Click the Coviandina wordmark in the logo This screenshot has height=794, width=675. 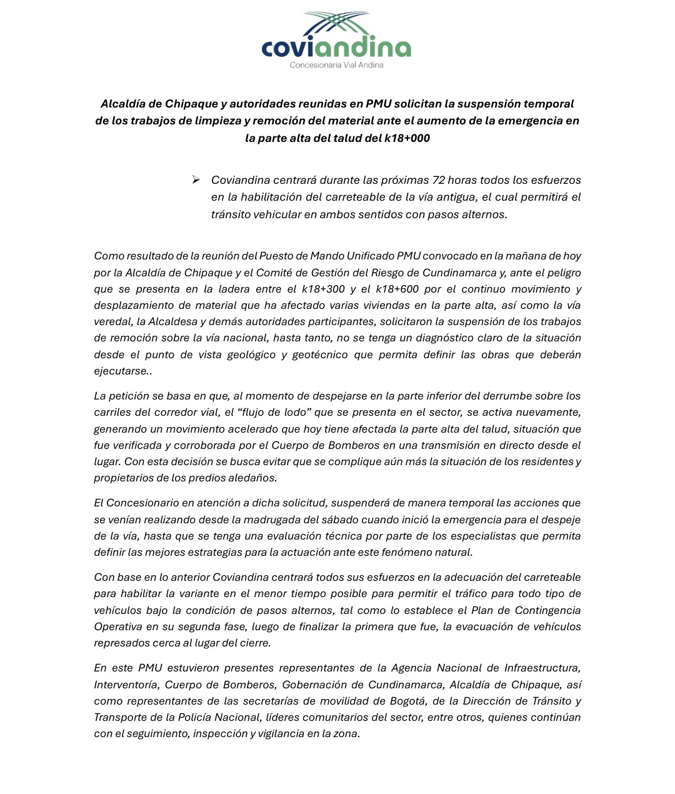pos(336,48)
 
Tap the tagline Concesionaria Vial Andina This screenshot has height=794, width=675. pos(336,65)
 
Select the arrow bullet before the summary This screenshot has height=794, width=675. pos(196,180)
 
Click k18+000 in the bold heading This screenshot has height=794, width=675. pos(407,138)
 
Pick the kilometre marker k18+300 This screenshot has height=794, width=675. pos(323,289)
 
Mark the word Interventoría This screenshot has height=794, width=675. pos(126,685)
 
